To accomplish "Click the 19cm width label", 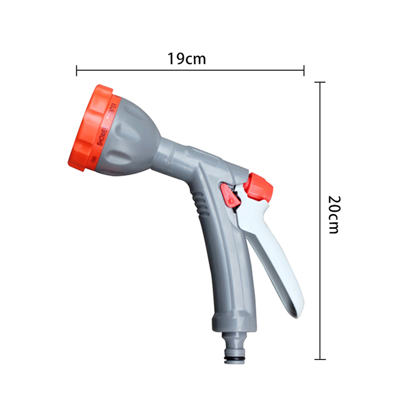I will pyautogui.click(x=187, y=58).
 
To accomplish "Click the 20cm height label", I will pyautogui.click(x=333, y=214).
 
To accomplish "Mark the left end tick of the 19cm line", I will pyautogui.click(x=77, y=70).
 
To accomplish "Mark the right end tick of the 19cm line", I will pyautogui.click(x=304, y=70).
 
